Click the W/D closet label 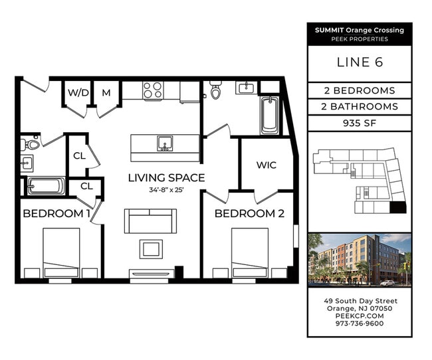click(x=78, y=92)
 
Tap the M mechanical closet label click(x=106, y=92)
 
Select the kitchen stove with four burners click(x=153, y=90)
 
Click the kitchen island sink click(x=165, y=143)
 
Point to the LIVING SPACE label click(x=166, y=177)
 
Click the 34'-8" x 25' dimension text click(x=166, y=190)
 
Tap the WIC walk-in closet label click(x=267, y=165)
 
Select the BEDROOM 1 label click(x=56, y=213)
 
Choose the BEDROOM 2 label click(x=249, y=213)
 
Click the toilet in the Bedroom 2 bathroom click(x=215, y=89)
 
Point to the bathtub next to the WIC click(x=270, y=116)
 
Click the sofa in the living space click(x=150, y=221)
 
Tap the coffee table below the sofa click(x=151, y=249)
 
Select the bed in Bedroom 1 click(x=61, y=252)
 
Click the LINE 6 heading click(x=360, y=62)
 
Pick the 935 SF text click(x=360, y=123)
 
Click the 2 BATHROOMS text click(x=360, y=106)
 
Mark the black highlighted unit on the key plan click(x=398, y=207)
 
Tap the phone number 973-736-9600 click(x=360, y=323)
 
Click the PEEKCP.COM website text click(x=360, y=316)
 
